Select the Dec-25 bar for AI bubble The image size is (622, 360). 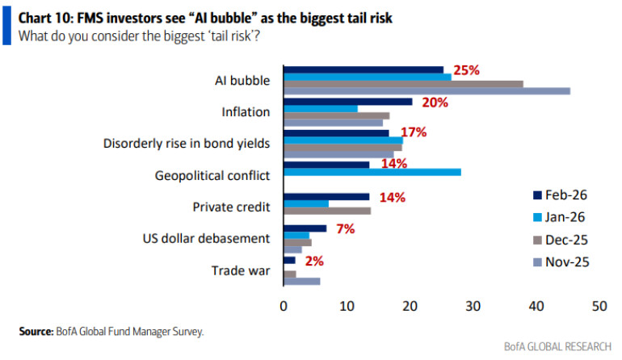coord(403,84)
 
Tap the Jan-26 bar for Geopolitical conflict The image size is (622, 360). coord(372,172)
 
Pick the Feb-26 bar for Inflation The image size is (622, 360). coord(348,102)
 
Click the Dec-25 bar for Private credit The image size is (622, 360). coord(327,211)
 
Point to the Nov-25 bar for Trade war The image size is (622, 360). coord(301,281)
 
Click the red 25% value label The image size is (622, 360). coord(466,70)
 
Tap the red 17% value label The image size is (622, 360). coord(413,132)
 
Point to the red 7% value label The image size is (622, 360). coord(346,228)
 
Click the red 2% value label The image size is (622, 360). coord(314,260)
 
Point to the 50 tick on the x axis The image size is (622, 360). coord(599,307)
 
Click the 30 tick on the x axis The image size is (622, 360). coord(473,307)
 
